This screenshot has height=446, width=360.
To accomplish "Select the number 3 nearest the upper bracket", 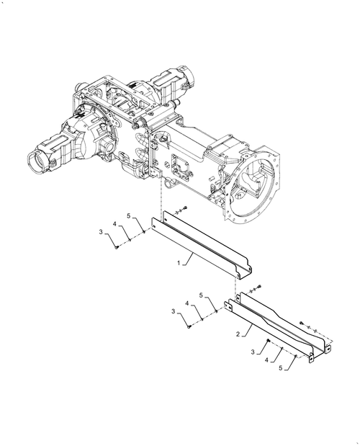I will tap(102, 231).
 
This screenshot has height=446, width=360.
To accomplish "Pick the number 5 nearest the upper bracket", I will tap(129, 216).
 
